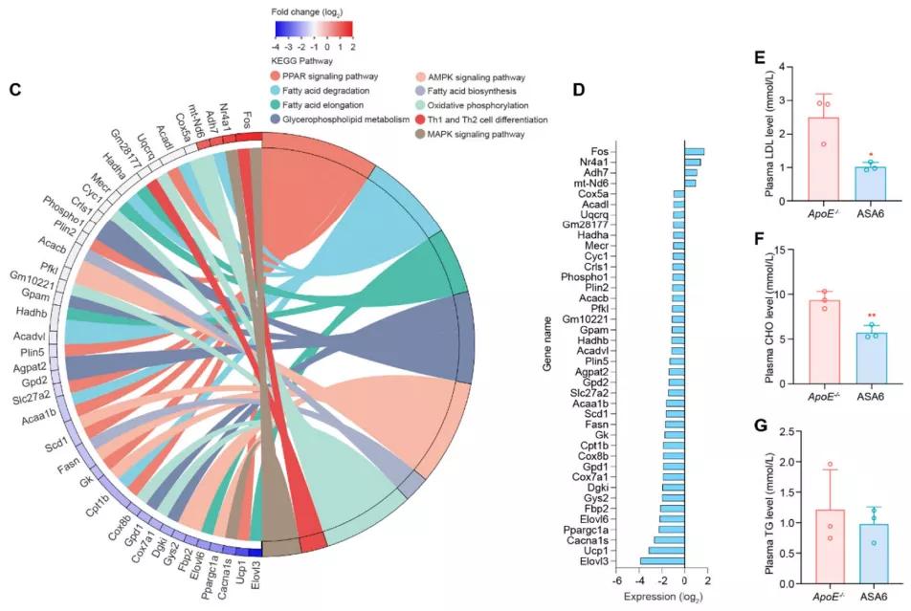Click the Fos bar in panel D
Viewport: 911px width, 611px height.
pyautogui.click(x=694, y=151)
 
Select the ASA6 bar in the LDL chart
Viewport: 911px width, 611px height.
pyautogui.click(x=869, y=184)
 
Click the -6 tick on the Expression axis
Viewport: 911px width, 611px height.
pyautogui.click(x=617, y=580)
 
